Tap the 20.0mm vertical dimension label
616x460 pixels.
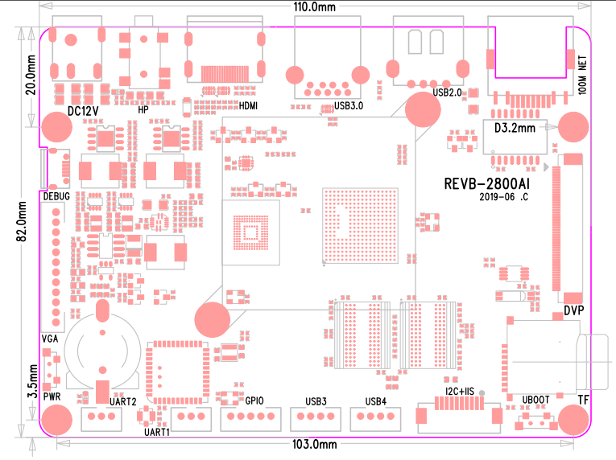click(30, 73)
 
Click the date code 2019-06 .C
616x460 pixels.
click(503, 197)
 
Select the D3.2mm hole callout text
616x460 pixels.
click(514, 128)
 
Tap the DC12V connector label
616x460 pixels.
click(83, 110)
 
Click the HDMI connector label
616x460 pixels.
click(248, 105)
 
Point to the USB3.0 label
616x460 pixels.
click(349, 105)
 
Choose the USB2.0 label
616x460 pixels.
click(447, 92)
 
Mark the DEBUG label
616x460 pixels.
click(56, 195)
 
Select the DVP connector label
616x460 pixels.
click(573, 310)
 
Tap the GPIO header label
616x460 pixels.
click(255, 400)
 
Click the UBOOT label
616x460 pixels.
click(536, 399)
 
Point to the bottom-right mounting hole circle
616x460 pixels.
click(573, 420)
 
